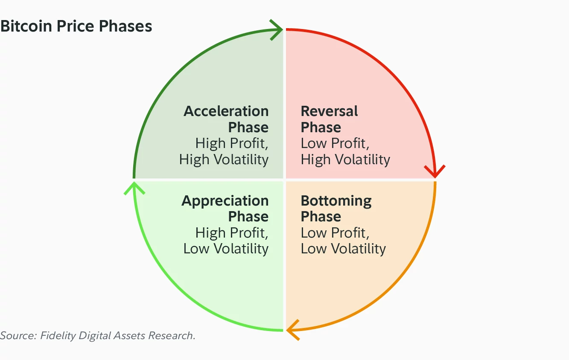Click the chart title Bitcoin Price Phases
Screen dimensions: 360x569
[x=76, y=26]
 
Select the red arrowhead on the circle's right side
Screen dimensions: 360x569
[x=435, y=171]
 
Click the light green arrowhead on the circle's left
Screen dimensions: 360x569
[x=134, y=188]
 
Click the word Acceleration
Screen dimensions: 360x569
[x=226, y=111]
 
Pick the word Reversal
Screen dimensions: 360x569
[x=329, y=111]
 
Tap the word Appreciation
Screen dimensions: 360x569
[x=225, y=201]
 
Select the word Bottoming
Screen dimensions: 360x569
[x=336, y=201]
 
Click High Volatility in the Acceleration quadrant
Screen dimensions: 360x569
[x=224, y=160]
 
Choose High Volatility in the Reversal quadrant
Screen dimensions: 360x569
[x=345, y=160]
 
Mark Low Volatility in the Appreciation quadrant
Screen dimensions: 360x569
[x=226, y=249]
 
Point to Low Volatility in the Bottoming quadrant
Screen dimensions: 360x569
[x=343, y=249]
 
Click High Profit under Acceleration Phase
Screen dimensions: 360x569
[x=232, y=143]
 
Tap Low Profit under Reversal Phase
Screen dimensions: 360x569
[x=335, y=143]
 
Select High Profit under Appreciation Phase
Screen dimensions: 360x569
[x=232, y=233]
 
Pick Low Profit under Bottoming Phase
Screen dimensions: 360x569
[x=335, y=233]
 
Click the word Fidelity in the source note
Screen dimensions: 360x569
[x=58, y=336]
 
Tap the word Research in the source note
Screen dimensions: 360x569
[x=171, y=336]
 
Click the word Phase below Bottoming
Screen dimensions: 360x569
[x=321, y=217]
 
